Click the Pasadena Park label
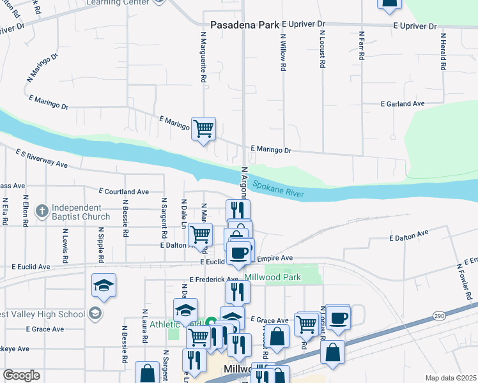coord(240,25)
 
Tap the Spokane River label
coord(278,189)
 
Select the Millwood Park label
coord(272,278)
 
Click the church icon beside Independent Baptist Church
coord(42,211)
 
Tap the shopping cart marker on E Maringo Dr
coord(203,129)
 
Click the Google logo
coord(21,375)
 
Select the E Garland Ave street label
coord(403,103)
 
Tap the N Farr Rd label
coord(362,46)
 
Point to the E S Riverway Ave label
coord(42,159)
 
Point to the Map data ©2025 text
coord(451,378)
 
